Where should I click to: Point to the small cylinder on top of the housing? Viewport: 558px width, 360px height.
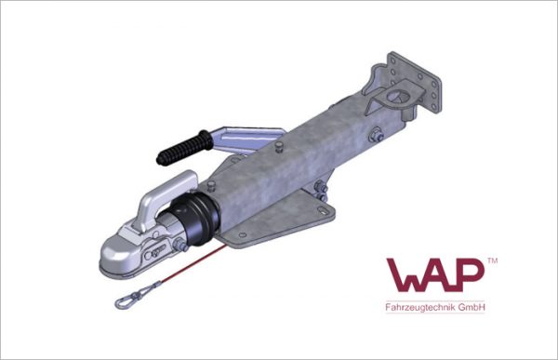tap(280, 146)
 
